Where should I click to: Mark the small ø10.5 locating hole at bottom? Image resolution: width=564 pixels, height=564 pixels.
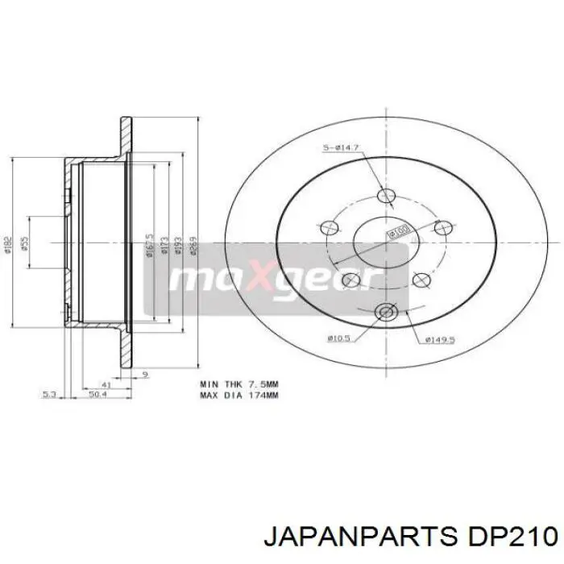(386, 312)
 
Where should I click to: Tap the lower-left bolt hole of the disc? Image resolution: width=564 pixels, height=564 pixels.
(351, 280)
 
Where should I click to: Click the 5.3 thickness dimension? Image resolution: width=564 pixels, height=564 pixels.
(48, 394)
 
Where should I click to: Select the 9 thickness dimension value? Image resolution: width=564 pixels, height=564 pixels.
(144, 375)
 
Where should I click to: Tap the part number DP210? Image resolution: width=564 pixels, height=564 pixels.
(508, 534)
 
